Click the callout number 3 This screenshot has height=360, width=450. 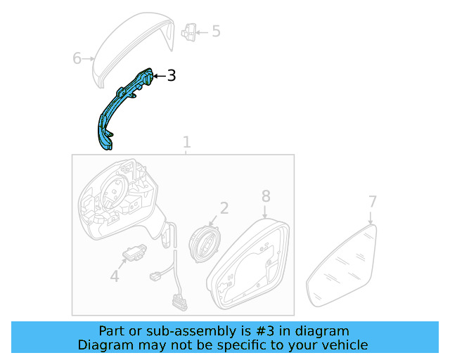(171, 76)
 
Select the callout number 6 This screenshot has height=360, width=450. (77, 58)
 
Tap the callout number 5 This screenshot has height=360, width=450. (215, 31)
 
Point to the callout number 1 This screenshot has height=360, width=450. (186, 142)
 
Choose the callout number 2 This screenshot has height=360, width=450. (224, 207)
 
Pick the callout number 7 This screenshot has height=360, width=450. (373, 202)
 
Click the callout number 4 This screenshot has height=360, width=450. (115, 277)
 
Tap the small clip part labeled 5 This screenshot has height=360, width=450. (188, 31)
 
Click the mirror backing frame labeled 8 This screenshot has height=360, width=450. (250, 267)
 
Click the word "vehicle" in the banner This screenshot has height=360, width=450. (343, 345)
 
